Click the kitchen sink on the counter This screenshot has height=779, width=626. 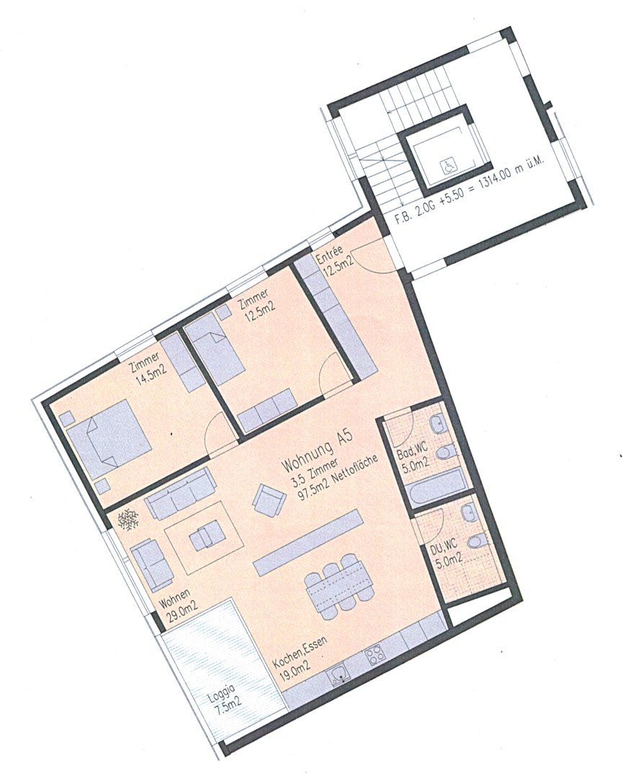[339, 675]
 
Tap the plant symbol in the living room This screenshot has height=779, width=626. [130, 521]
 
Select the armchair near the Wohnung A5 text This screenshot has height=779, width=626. [269, 499]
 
